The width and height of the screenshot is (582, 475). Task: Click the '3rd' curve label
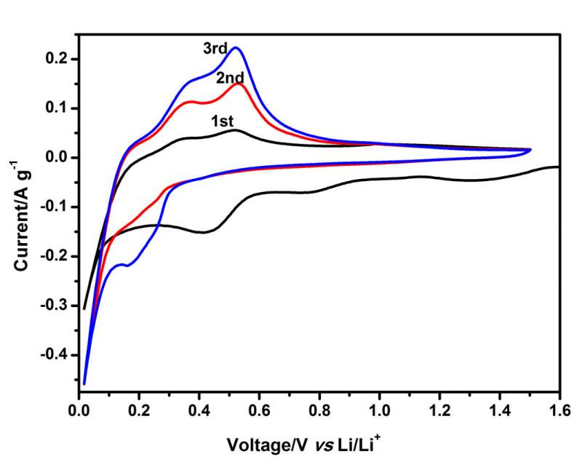(x=215, y=49)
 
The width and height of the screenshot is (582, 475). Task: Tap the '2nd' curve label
(x=229, y=78)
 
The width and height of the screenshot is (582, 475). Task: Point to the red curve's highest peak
(x=238, y=84)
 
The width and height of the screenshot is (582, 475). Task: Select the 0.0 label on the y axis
(x=59, y=157)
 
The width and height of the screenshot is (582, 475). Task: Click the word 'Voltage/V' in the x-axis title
(x=257, y=444)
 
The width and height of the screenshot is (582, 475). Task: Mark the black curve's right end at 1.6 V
(x=558, y=167)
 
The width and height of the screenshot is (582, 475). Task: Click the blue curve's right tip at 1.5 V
(x=530, y=149)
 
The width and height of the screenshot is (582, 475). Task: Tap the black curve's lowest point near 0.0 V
(x=84, y=308)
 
